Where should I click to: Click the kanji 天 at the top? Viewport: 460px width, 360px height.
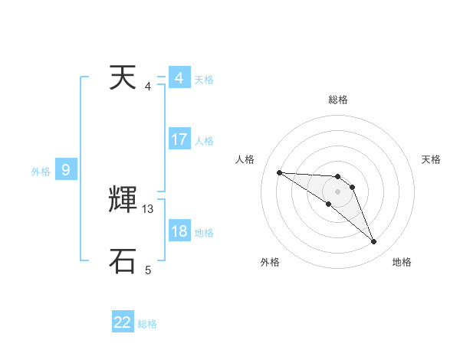coord(123,77)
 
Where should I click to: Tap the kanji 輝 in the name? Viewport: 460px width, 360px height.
coord(123,200)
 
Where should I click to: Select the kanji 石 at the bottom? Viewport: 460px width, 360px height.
coord(123,260)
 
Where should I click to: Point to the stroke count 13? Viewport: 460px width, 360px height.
coord(148,208)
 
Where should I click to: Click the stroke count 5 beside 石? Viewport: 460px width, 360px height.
coord(148,270)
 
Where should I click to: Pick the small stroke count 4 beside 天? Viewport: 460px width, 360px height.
coord(148,86)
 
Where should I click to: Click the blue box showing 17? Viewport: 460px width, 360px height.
coord(179,139)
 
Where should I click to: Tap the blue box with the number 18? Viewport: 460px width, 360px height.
coord(179,232)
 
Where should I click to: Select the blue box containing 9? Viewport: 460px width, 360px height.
coord(66,170)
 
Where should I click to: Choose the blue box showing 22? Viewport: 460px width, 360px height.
coord(123,322)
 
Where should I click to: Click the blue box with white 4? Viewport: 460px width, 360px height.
coord(179,78)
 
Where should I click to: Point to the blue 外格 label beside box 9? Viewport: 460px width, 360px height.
coord(41,172)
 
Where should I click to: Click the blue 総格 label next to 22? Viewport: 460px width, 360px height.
coord(147,324)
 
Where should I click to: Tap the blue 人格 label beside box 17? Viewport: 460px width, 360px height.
coord(204,141)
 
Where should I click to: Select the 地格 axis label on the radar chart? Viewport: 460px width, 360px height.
coord(402,262)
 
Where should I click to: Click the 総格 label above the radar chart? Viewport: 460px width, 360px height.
coord(337,100)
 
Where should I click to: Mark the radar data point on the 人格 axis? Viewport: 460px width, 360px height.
coord(279,172)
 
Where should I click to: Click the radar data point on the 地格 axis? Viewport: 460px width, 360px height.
coord(374,242)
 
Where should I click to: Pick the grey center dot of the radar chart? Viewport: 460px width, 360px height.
coord(337,191)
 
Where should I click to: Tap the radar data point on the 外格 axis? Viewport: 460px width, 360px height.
coord(329,204)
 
